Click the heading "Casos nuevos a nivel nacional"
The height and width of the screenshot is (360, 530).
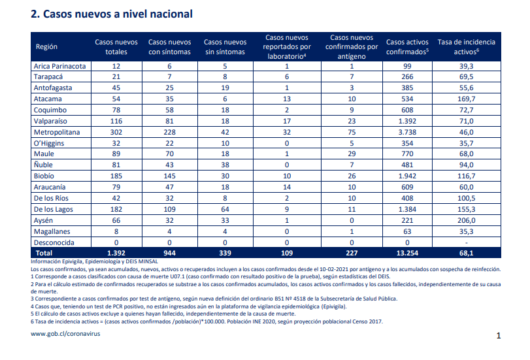click(x=118, y=14)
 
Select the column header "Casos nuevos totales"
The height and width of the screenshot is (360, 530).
click(x=116, y=46)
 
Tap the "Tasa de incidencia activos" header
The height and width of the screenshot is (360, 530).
click(x=466, y=46)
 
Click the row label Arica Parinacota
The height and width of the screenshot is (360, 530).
click(x=60, y=66)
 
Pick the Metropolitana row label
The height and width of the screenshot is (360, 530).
click(x=57, y=132)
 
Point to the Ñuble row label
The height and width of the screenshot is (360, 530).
click(x=43, y=165)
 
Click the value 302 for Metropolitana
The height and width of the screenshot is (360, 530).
click(x=116, y=132)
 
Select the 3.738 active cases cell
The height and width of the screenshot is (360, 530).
click(x=407, y=132)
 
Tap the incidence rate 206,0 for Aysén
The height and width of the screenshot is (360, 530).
click(x=467, y=220)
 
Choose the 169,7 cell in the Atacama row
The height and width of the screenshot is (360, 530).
click(x=467, y=99)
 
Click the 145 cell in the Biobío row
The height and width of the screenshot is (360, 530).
click(x=170, y=176)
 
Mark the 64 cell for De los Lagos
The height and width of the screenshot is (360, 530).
click(x=225, y=209)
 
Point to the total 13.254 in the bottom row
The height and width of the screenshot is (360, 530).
click(x=407, y=253)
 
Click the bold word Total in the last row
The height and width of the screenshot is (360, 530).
click(x=44, y=253)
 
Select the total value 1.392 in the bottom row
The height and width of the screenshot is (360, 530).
click(x=116, y=253)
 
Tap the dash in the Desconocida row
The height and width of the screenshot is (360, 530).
click(x=467, y=242)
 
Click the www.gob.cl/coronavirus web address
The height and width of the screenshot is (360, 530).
click(x=65, y=334)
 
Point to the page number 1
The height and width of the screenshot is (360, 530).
click(x=499, y=336)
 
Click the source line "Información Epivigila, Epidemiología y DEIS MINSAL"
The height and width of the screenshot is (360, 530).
click(x=94, y=261)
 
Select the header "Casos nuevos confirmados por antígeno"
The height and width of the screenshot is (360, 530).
click(x=352, y=46)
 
